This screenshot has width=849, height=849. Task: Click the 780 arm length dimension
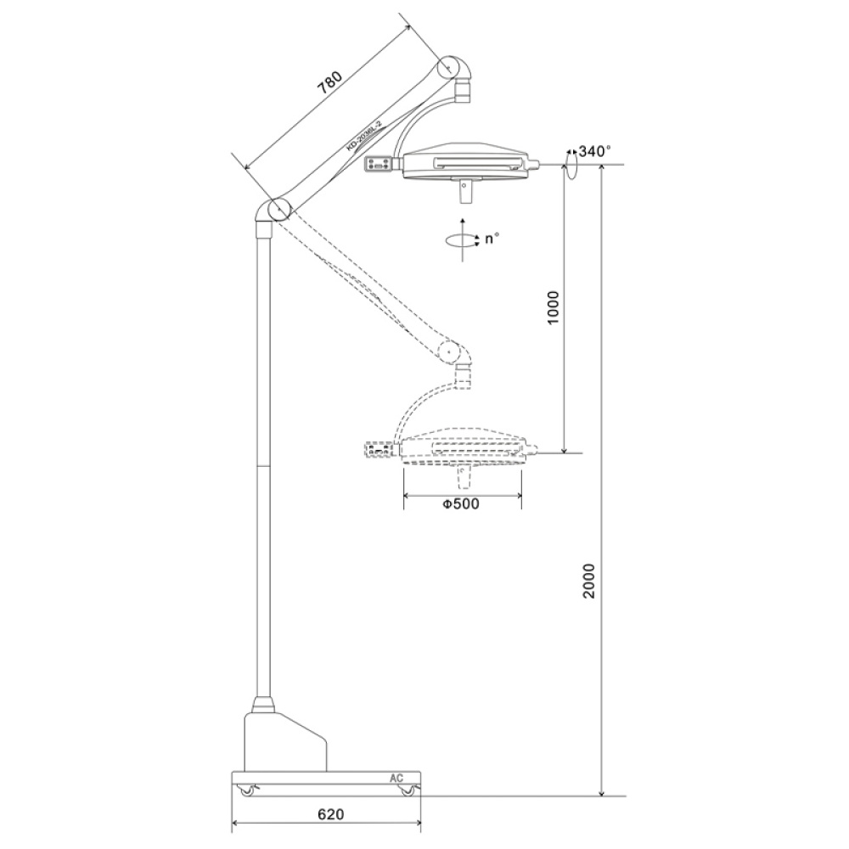pos(329,83)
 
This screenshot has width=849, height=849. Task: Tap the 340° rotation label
pos(594,151)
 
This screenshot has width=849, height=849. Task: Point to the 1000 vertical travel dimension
pos(553,307)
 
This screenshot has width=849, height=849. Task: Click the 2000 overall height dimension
pos(589,581)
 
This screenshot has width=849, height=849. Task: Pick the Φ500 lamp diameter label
pos(461,504)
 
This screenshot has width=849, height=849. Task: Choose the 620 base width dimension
pos(331,814)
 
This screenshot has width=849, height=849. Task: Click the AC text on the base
pos(396,778)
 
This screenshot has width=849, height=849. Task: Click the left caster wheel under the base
pos(247,791)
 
